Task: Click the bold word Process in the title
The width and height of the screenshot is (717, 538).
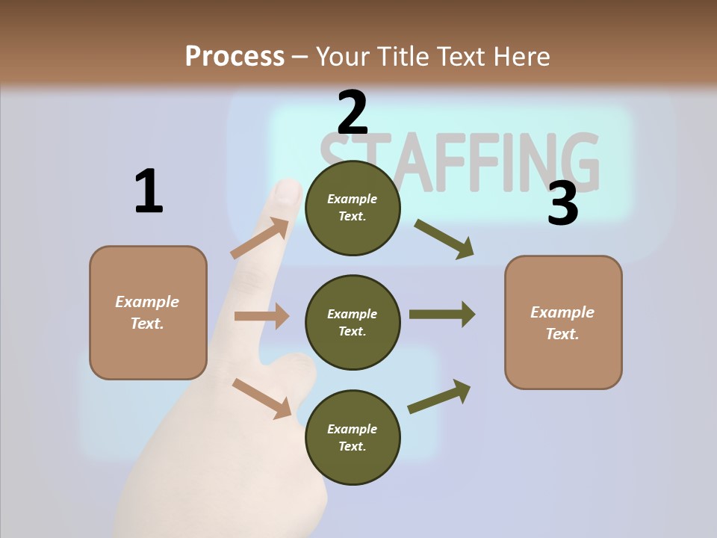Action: pos(235,56)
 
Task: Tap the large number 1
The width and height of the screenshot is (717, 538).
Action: pos(149,191)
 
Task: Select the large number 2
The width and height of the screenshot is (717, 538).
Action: pos(353,112)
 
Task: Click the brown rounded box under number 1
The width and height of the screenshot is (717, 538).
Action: pos(148,312)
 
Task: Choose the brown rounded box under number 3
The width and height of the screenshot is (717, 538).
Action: pos(563,322)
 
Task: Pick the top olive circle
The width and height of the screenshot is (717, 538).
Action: pos(353,208)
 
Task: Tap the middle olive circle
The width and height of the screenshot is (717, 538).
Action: pos(353,322)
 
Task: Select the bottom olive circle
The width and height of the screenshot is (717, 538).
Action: pos(353,437)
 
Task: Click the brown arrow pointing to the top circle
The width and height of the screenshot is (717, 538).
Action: pos(260,238)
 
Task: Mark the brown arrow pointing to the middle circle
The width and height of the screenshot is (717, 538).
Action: pos(261,316)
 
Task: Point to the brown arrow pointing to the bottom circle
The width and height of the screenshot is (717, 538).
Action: pos(262,398)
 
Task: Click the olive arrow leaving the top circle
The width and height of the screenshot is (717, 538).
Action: pos(444,239)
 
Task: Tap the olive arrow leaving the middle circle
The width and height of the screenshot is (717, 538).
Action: pos(442,314)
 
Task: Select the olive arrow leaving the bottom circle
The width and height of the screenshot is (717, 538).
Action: pos(440,397)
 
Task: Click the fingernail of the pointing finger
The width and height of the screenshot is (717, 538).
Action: pos(288,192)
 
